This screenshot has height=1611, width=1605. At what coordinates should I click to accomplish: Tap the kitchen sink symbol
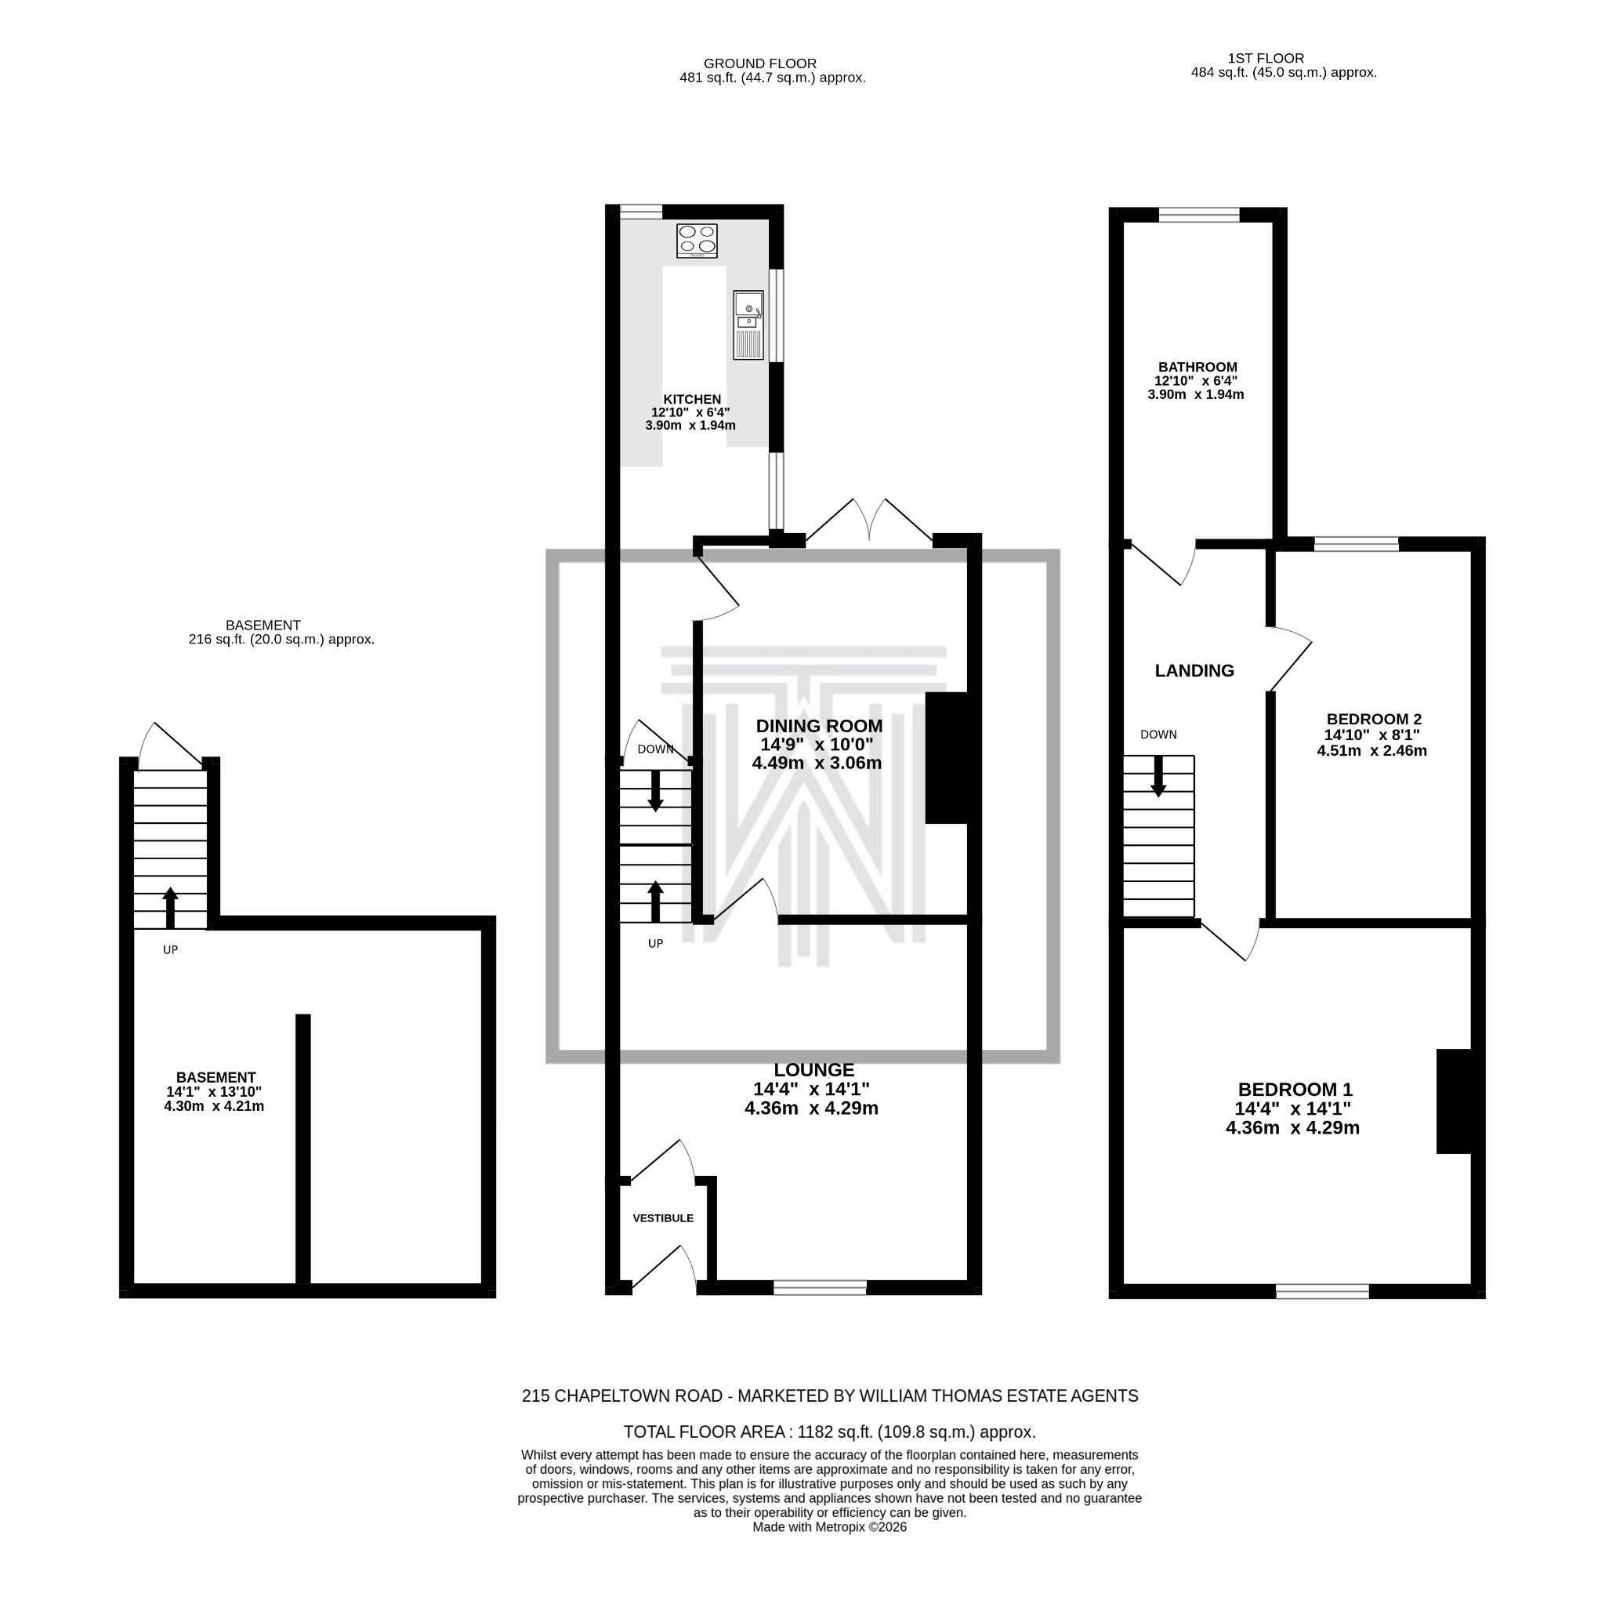tap(748, 325)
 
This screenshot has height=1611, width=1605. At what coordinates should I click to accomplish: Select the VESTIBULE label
tap(664, 1219)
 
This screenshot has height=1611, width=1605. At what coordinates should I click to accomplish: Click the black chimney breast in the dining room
tap(947, 759)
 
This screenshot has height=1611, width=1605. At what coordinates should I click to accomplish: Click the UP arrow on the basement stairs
tap(170, 909)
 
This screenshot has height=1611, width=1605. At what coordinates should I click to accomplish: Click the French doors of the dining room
tap(870, 525)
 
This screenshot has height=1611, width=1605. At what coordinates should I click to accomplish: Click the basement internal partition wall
tap(303, 1151)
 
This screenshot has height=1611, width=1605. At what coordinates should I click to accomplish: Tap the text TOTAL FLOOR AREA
tap(705, 1432)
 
